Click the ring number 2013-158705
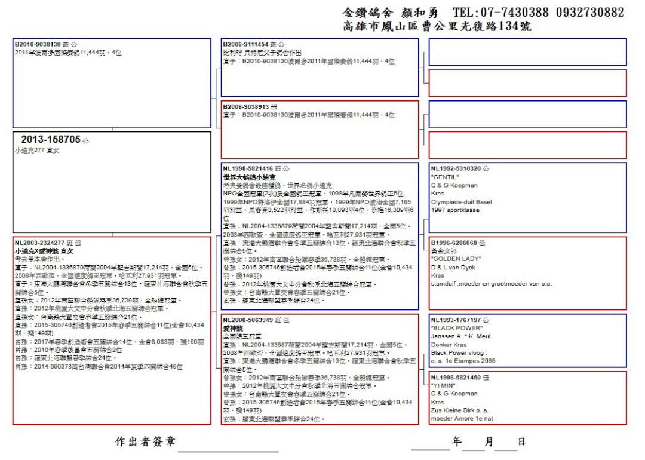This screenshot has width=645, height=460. (51, 140)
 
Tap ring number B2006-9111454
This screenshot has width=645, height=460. (245, 44)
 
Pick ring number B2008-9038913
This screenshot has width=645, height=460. (245, 106)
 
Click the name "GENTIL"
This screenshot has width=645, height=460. (444, 177)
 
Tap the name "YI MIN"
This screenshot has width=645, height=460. (444, 386)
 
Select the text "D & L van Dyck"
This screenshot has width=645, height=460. (452, 268)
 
